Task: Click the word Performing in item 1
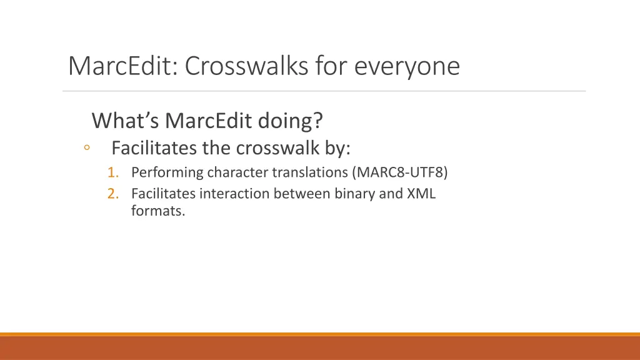[167, 172]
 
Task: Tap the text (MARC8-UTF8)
[399, 172]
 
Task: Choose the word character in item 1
[237, 172]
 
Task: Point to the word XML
[421, 194]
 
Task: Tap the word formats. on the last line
[158, 211]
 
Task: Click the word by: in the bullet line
[337, 148]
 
